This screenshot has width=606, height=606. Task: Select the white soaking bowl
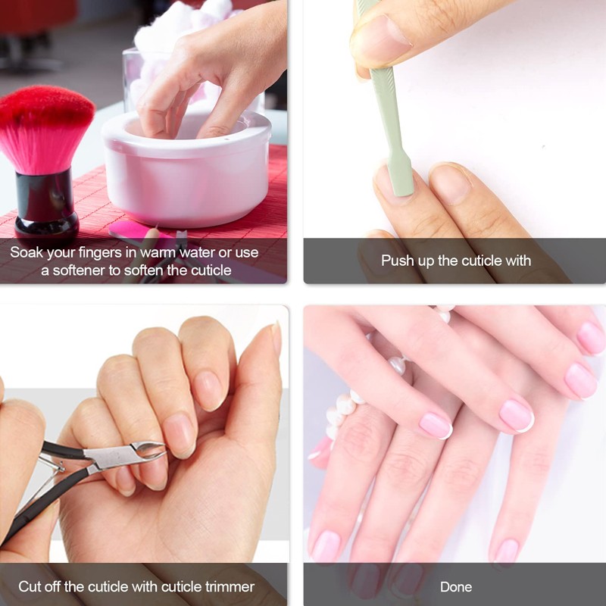coord(187,170)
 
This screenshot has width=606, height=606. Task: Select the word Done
coord(456,587)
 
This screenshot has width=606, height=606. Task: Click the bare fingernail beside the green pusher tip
coord(450,183)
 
